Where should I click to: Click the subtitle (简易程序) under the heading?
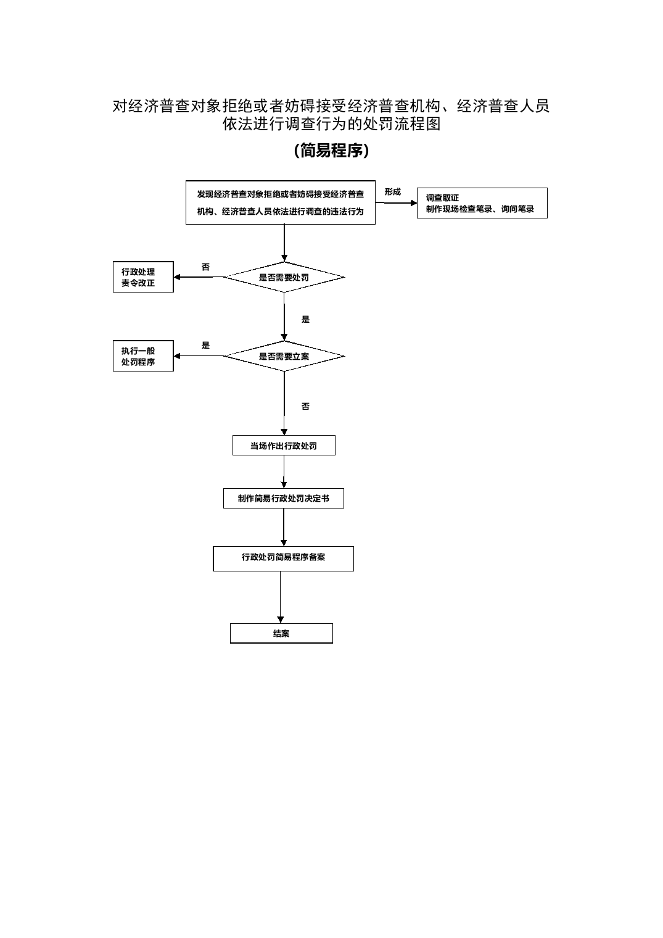click(331, 151)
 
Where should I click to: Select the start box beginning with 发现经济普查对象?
click(280, 202)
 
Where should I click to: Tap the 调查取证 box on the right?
click(482, 203)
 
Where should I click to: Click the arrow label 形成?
click(392, 192)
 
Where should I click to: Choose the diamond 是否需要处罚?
click(284, 277)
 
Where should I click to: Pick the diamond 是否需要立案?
click(284, 356)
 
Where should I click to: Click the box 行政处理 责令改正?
click(143, 277)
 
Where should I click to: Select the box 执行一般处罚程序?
click(143, 356)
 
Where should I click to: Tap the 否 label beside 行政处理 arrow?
click(205, 267)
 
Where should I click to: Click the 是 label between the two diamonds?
click(305, 319)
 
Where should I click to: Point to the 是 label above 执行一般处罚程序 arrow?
click(205, 346)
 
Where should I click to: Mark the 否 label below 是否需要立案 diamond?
click(305, 406)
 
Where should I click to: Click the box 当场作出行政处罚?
click(284, 446)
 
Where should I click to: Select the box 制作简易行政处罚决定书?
click(284, 498)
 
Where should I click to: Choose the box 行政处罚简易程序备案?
click(284, 558)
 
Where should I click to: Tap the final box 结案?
click(281, 633)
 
